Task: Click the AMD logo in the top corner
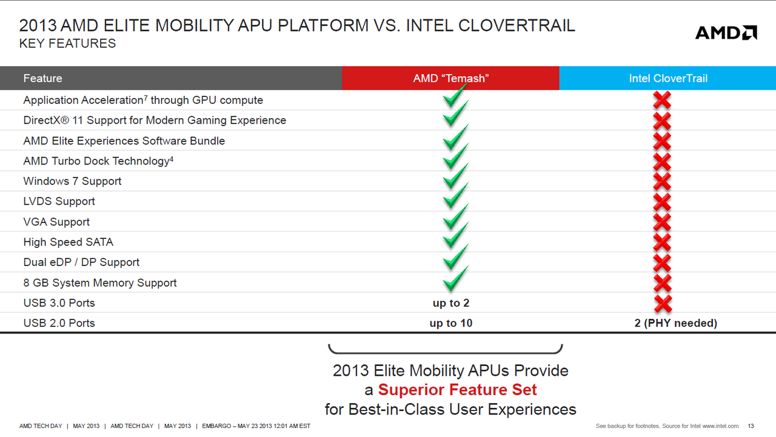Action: [x=726, y=33]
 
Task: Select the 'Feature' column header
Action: [x=42, y=78]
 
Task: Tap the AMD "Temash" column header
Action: [x=450, y=78]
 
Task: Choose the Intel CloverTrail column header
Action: [x=668, y=78]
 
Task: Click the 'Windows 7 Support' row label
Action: [x=72, y=181]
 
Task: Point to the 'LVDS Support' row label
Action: [x=59, y=201]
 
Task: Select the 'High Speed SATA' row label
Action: [x=69, y=242]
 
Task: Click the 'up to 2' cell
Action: [x=450, y=303]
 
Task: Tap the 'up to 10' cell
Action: [x=450, y=323]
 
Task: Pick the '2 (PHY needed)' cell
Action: [x=675, y=323]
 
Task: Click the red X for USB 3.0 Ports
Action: [x=663, y=304]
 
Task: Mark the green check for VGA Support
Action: [x=455, y=217]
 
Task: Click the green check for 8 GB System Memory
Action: [x=455, y=278]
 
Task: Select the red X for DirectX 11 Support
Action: [x=662, y=121]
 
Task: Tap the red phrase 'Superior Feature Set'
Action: [x=457, y=390]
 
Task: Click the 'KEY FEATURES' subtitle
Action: [x=67, y=43]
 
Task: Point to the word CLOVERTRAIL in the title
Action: [x=517, y=25]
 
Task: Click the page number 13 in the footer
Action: [x=751, y=426]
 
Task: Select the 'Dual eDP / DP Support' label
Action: [x=81, y=262]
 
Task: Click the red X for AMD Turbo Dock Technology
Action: [x=662, y=161]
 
